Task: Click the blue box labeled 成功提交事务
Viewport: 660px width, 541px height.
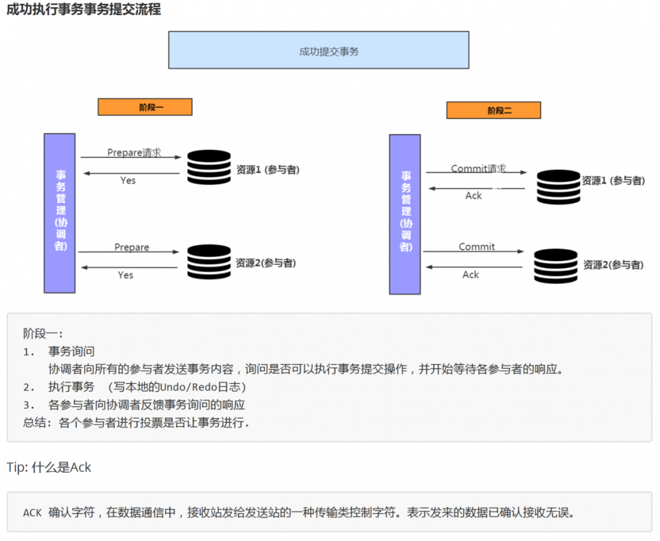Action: point(318,50)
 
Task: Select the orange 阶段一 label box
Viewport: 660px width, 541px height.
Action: point(145,107)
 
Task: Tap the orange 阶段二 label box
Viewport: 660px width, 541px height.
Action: point(493,110)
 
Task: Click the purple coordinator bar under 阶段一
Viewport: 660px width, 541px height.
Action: point(59,213)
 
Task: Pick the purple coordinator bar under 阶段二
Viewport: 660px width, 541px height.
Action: point(404,215)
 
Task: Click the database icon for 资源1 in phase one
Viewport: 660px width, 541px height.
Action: point(208,168)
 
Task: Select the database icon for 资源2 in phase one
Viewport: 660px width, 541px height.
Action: point(208,262)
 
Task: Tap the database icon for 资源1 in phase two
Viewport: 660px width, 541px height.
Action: point(558,187)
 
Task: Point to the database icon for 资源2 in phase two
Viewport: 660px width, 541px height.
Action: point(555,266)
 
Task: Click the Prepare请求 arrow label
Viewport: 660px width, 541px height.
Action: point(134,153)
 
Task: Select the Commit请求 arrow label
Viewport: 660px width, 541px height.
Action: point(478,168)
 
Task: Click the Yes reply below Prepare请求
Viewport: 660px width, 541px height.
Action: point(128,180)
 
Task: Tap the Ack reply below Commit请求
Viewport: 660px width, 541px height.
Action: point(474,196)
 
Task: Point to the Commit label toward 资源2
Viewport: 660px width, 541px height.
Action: point(476,246)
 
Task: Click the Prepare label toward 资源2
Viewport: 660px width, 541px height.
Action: point(131,247)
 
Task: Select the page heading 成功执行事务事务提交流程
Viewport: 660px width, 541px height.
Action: point(84,10)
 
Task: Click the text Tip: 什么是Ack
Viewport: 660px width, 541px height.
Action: point(49,467)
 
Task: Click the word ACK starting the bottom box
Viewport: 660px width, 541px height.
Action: point(32,513)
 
